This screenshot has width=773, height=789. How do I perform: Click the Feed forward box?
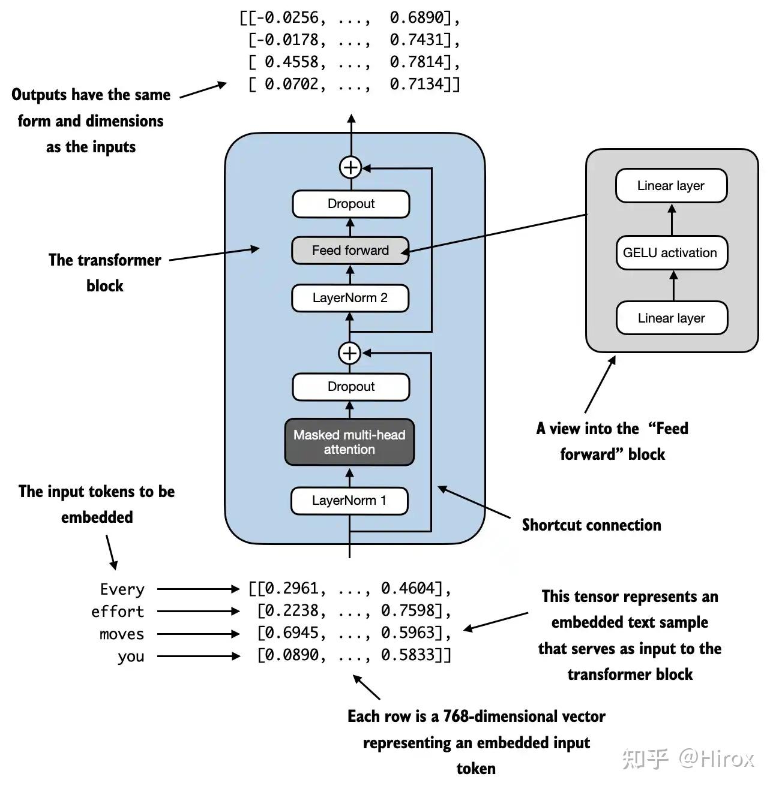tap(350, 251)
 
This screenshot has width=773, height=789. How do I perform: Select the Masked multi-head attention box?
tap(349, 442)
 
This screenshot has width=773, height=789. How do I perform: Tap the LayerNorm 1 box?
tap(349, 501)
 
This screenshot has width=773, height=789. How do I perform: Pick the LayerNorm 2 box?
tap(350, 298)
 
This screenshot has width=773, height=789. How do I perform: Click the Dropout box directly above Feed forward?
tap(350, 204)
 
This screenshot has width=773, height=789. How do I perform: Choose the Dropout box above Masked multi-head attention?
tap(350, 387)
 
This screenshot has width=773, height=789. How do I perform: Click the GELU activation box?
tap(670, 253)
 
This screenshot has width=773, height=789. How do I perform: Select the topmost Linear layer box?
tap(671, 186)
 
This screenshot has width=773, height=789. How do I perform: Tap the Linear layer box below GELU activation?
tap(672, 318)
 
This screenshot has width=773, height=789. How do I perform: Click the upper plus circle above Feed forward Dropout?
tap(350, 167)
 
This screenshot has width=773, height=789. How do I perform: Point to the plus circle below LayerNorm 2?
tap(350, 353)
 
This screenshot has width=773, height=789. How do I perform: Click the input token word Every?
tap(122, 589)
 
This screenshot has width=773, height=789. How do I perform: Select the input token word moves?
tap(122, 634)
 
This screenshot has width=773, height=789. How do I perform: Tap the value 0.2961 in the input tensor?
tap(292, 589)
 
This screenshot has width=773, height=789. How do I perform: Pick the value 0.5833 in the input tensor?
tap(408, 655)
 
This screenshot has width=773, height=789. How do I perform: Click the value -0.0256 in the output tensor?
tap(287, 18)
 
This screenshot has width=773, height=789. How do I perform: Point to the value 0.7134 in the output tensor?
tap(417, 84)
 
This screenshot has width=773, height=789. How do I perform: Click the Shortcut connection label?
tap(591, 525)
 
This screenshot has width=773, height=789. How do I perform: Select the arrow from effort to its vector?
tap(198, 612)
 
